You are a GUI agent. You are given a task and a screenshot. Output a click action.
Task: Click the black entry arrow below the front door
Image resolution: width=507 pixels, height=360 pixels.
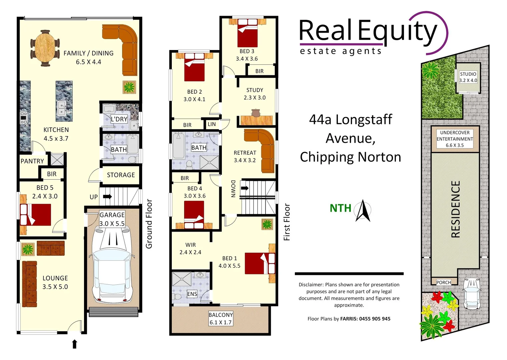click(x=75, y=344)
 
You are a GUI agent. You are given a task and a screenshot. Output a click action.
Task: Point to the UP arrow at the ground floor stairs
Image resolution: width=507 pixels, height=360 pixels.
click(x=107, y=197)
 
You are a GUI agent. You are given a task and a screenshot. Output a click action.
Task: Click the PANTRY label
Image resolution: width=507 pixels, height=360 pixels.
click(x=32, y=161)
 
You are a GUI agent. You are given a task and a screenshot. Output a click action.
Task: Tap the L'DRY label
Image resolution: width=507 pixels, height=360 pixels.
click(x=119, y=119)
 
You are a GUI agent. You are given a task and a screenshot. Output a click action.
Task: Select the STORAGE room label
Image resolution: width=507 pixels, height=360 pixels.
click(x=121, y=175)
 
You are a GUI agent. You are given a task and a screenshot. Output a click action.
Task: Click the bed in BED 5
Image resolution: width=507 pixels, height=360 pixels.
click(x=36, y=214)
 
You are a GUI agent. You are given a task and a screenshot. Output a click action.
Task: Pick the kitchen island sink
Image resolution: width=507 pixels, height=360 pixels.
click(x=62, y=108)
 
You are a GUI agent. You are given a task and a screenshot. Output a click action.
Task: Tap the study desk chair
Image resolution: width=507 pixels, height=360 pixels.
click(x=256, y=112)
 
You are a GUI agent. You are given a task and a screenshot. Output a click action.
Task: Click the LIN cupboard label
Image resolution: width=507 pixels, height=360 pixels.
click(x=212, y=124)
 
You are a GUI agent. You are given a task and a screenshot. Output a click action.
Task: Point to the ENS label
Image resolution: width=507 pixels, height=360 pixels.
click(x=192, y=294)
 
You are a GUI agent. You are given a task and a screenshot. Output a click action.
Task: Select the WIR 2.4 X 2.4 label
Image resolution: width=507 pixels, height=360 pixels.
click(x=190, y=248)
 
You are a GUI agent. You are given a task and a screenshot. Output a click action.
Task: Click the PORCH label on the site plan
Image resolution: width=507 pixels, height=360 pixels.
click(x=443, y=282)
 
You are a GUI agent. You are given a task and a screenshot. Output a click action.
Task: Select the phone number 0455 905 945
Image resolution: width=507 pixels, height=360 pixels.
click(x=375, y=319)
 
